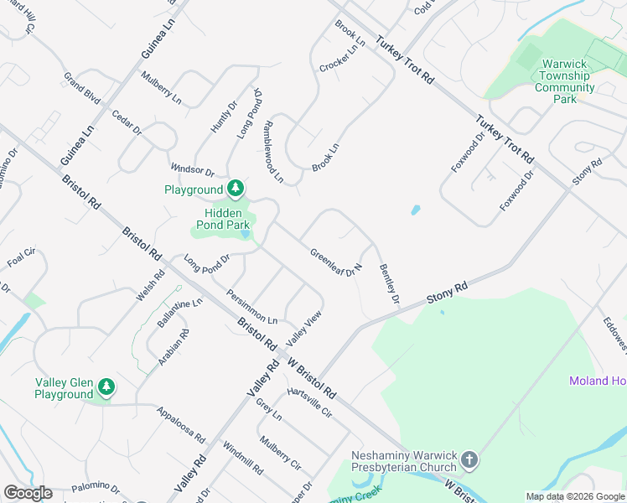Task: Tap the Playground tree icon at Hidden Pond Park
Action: click(x=236, y=189)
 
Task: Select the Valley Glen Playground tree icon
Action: click(x=106, y=387)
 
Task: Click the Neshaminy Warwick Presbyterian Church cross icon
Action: click(x=469, y=460)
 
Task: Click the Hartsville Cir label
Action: click(x=309, y=403)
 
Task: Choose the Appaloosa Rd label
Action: click(x=181, y=424)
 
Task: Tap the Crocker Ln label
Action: click(x=338, y=58)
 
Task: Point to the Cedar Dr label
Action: click(x=127, y=125)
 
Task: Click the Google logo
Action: click(x=28, y=493)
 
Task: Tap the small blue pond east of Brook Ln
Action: click(x=416, y=210)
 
